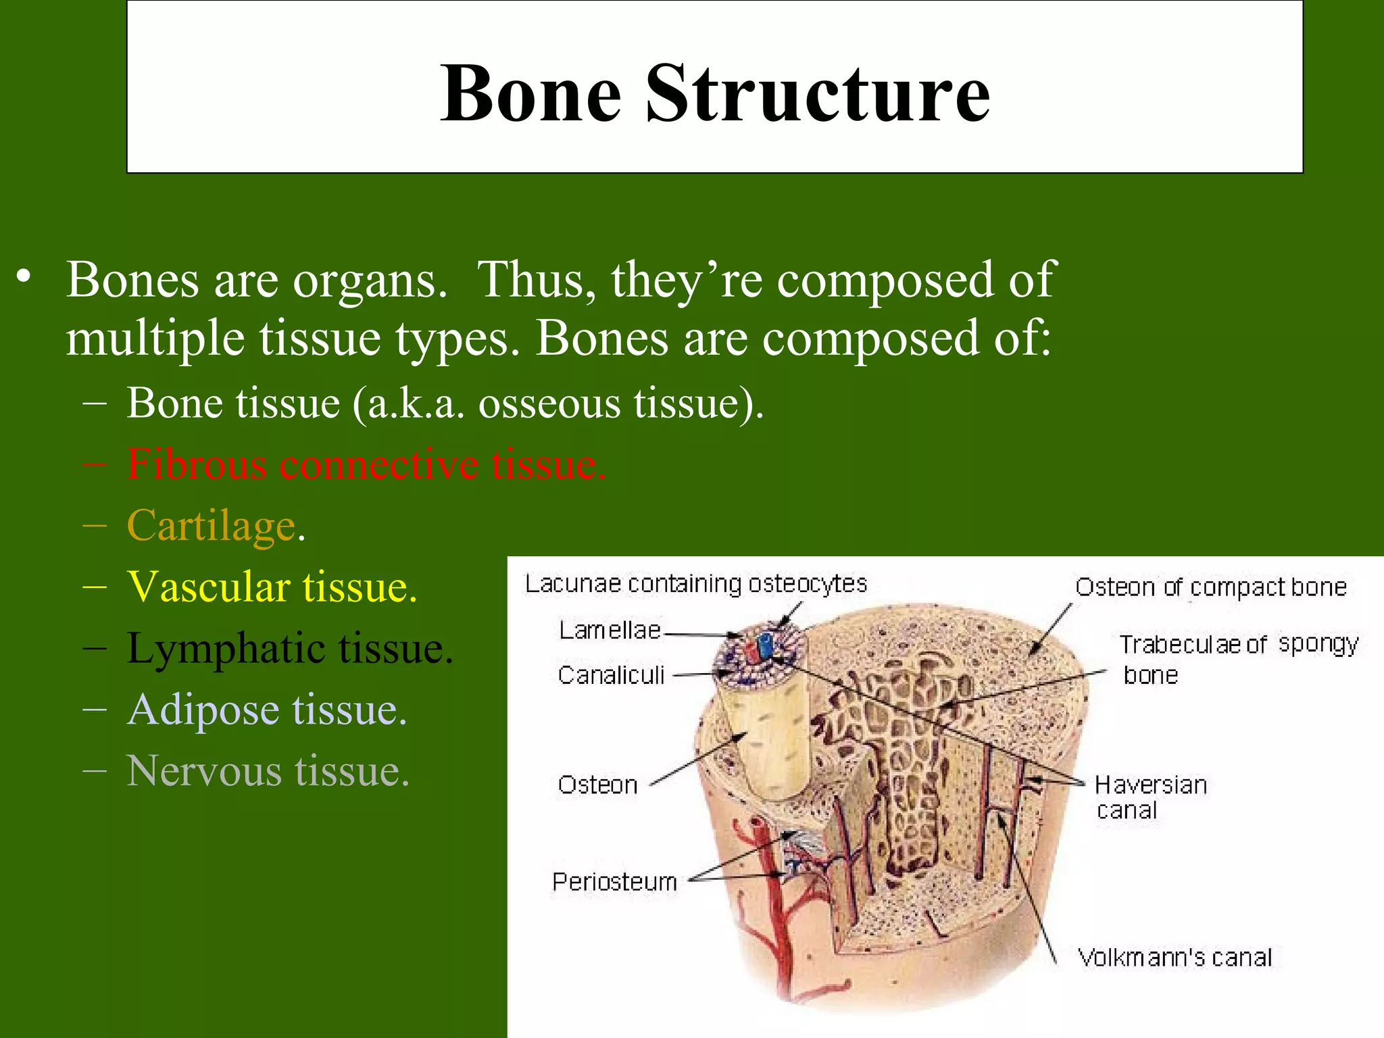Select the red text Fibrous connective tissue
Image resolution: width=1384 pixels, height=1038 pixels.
(x=366, y=465)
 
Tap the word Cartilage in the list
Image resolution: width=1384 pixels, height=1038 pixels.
(x=212, y=526)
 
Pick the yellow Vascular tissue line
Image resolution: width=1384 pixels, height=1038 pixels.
(x=272, y=587)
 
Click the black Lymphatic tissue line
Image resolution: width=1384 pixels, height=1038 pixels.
(x=289, y=649)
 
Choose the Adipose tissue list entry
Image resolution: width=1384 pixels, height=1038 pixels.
(x=268, y=710)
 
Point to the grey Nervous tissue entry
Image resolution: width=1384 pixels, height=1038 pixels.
(x=268, y=771)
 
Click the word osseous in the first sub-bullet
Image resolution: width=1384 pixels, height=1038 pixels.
(x=549, y=404)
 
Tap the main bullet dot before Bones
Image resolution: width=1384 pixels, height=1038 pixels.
(x=24, y=277)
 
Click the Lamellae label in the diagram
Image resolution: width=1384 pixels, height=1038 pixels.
(x=610, y=631)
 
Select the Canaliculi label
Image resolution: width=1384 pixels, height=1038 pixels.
(x=611, y=675)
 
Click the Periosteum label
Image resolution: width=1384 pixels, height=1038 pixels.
(x=614, y=882)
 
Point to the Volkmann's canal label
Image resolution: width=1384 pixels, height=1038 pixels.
(x=1175, y=958)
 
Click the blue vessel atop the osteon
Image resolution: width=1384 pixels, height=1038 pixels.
(x=764, y=645)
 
